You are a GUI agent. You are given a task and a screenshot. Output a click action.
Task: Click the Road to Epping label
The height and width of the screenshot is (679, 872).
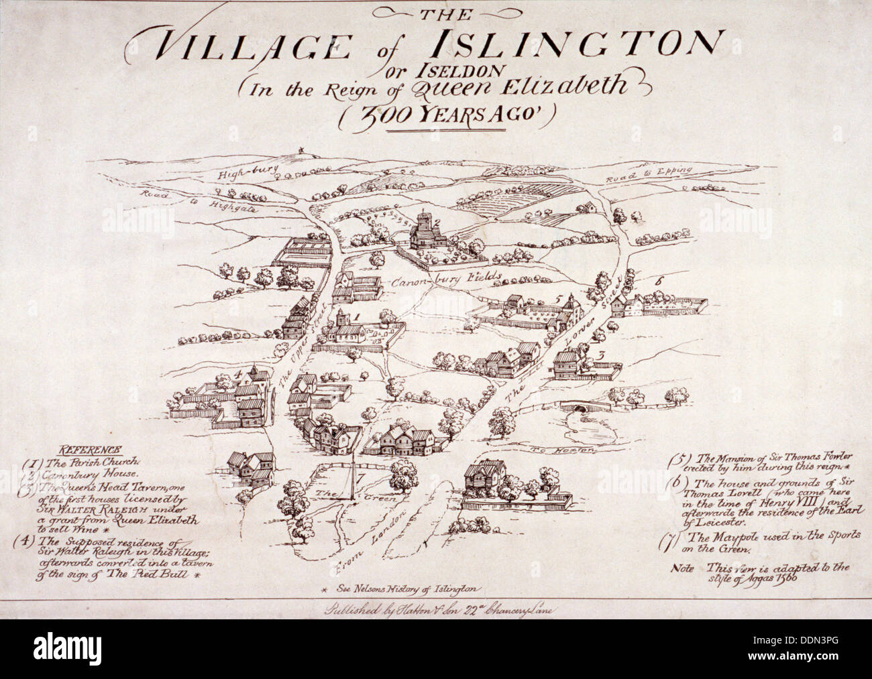click(649, 176)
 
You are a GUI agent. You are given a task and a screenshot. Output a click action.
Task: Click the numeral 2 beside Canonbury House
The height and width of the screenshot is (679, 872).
click(436, 223)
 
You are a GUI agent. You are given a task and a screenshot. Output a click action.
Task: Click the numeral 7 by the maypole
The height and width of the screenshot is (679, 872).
click(360, 478)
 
